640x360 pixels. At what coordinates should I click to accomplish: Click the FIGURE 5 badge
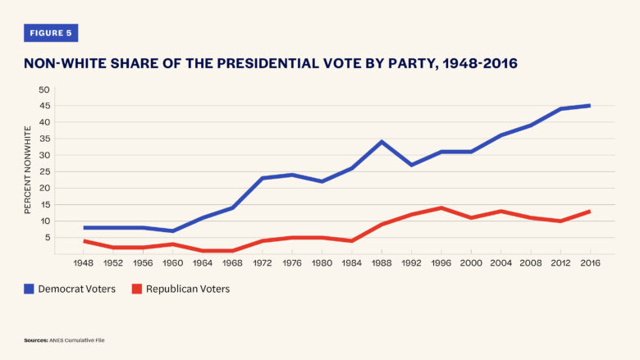51,33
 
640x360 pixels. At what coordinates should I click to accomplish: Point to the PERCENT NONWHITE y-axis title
27,170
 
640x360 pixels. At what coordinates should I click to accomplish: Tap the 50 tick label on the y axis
43,89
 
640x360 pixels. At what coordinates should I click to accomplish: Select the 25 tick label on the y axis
43,171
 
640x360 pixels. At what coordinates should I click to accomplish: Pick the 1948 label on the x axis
83,263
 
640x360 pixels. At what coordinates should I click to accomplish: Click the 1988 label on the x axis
382,263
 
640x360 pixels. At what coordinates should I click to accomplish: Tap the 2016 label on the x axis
590,263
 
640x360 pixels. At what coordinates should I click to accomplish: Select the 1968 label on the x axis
232,263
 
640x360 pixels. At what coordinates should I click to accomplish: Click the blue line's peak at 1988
382,142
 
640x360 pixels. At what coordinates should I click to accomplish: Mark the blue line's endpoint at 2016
589,106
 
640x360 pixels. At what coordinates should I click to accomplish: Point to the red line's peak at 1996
441,208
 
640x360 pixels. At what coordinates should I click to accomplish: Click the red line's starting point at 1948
84,241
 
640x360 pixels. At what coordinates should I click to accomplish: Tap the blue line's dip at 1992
411,165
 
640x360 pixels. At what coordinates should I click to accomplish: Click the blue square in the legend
29,289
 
